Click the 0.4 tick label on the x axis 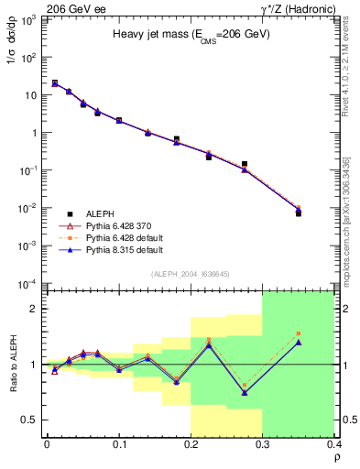point(334,444)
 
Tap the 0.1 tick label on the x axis point(119,444)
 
